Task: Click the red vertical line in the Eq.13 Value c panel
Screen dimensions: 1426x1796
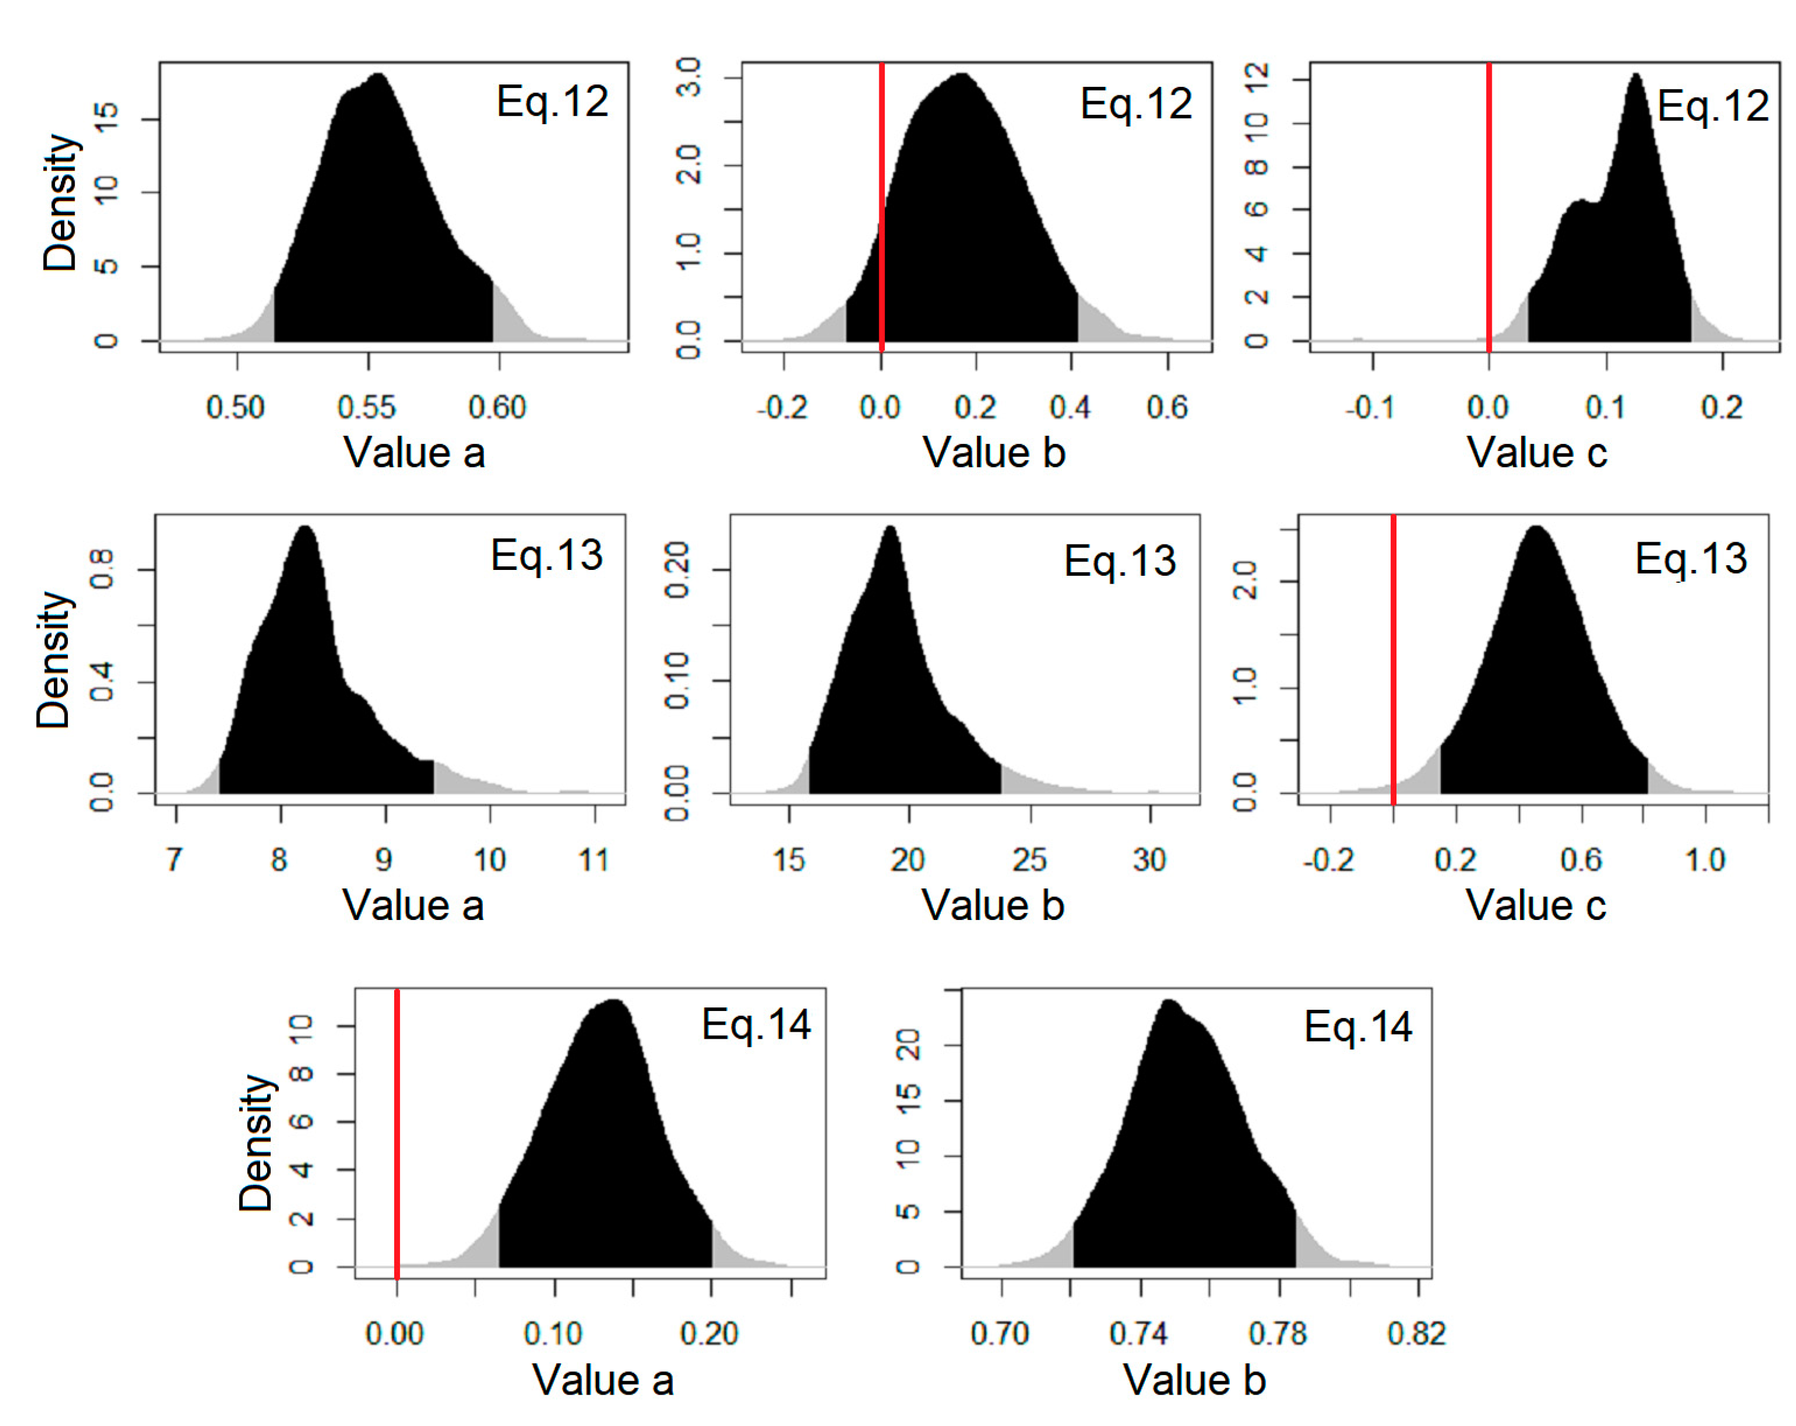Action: pyautogui.click(x=1393, y=659)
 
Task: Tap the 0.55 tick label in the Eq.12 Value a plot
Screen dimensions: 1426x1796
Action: pyautogui.click(x=366, y=407)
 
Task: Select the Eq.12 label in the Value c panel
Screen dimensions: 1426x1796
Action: pyautogui.click(x=1713, y=106)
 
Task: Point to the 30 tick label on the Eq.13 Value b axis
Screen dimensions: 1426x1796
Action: pyautogui.click(x=1149, y=859)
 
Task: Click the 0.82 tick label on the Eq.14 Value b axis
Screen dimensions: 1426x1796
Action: pyautogui.click(x=1416, y=1334)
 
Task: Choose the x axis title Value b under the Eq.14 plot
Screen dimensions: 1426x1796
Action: pyautogui.click(x=1194, y=1380)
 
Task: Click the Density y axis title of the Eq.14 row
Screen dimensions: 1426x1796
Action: pyautogui.click(x=256, y=1142)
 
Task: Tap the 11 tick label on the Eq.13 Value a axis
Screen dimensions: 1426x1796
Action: pyautogui.click(x=594, y=859)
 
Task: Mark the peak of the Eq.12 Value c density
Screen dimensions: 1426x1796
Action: pyautogui.click(x=1635, y=77)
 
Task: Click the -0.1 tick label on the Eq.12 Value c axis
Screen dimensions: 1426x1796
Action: pyautogui.click(x=1370, y=407)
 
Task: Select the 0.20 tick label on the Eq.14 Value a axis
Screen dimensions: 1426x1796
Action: pyautogui.click(x=709, y=1334)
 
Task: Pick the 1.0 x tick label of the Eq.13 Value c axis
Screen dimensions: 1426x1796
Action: pyautogui.click(x=1704, y=859)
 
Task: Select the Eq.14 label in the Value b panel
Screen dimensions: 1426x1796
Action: pyautogui.click(x=1358, y=1026)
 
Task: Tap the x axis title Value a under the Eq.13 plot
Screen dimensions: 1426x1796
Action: pyautogui.click(x=413, y=905)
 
